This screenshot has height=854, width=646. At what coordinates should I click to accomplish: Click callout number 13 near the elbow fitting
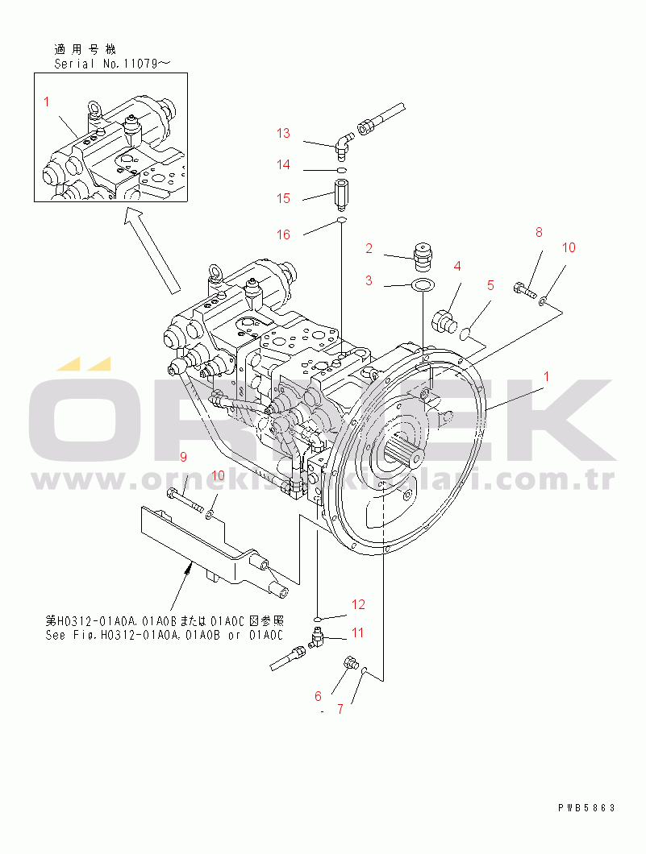[x=283, y=134]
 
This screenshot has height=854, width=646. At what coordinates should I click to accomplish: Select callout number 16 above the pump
[x=283, y=235]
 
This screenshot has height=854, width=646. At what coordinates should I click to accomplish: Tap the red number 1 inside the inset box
[x=47, y=102]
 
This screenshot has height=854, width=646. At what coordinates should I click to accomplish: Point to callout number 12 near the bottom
[x=357, y=603]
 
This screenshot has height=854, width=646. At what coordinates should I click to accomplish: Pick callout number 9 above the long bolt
[x=183, y=458]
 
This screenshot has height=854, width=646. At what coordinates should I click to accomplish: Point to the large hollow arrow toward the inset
[x=152, y=249]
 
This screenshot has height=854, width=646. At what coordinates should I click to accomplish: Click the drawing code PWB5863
[x=586, y=806]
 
